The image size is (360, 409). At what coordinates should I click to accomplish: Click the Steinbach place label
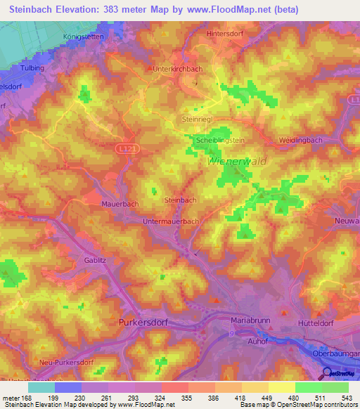[179, 200]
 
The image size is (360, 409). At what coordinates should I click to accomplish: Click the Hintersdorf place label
[226, 32]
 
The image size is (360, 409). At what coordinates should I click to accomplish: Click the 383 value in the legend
[199, 398]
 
